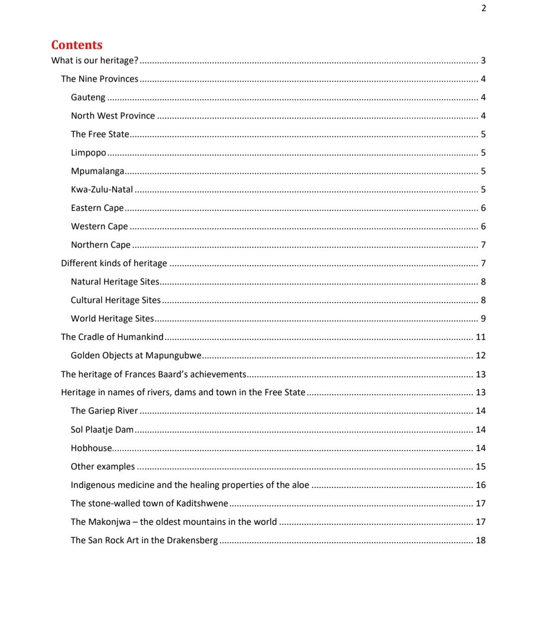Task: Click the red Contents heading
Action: [77, 45]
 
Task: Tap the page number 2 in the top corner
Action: [483, 8]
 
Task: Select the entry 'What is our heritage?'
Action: [95, 60]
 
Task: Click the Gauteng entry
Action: [88, 97]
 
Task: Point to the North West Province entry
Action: [113, 116]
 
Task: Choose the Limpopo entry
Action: [88, 153]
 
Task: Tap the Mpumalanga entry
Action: [98, 171]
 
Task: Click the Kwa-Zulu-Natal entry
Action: [102, 189]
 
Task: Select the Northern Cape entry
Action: [101, 245]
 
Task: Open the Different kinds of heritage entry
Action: [114, 263]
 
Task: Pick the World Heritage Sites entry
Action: [112, 318]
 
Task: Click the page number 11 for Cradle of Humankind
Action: [480, 337]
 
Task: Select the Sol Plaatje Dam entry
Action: [102, 430]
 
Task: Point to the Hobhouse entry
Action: [91, 448]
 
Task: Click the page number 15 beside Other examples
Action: [480, 466]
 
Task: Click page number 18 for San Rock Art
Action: [480, 540]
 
